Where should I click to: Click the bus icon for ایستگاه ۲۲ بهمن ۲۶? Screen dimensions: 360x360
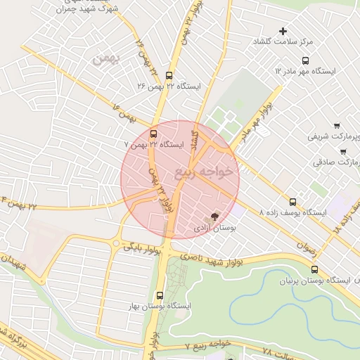point(169,75)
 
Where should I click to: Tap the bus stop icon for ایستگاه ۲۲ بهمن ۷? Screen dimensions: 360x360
point(154,134)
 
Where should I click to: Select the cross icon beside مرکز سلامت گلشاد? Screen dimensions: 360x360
point(283,31)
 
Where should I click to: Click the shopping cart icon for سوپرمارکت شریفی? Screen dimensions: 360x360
point(337,124)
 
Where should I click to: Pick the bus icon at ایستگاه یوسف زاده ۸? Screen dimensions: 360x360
point(293,202)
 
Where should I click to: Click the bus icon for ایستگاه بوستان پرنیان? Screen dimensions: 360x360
point(314,269)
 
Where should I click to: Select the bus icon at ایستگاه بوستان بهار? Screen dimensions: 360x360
point(160,295)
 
